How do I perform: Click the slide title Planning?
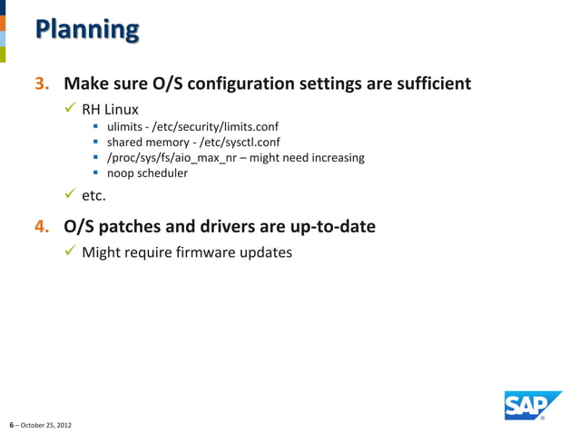pyautogui.click(x=87, y=30)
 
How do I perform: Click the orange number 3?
pyautogui.click(x=42, y=84)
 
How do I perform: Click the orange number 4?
pyautogui.click(x=42, y=226)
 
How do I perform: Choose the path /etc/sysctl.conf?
pyautogui.click(x=234, y=143)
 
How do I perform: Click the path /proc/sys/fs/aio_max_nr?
pyautogui.click(x=177, y=158)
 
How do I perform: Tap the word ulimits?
pyautogui.click(x=127, y=126)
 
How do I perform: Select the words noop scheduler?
pyautogui.click(x=147, y=173)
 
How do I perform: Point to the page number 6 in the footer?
pyautogui.click(x=11, y=425)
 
